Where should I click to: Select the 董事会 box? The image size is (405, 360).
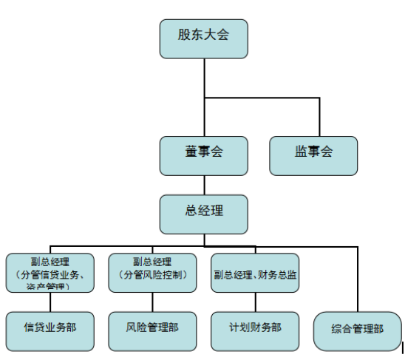tap(203, 155)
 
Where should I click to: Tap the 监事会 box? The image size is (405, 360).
tap(313, 155)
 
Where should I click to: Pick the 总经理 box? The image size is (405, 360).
tap(203, 214)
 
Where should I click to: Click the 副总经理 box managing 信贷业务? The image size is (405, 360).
tap(50, 271)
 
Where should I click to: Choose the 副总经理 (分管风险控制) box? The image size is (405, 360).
tap(152, 271)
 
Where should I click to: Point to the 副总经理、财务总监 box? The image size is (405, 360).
tap(255, 272)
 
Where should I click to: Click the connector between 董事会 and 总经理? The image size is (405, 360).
tap(203, 185)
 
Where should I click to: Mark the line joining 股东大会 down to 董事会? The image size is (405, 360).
tap(203, 111)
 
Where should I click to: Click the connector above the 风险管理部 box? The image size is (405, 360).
tap(152, 301)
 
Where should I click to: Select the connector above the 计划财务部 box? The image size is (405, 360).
tap(255, 301)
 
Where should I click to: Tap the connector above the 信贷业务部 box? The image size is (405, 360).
tap(50, 301)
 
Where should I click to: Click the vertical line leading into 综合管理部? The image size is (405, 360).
tap(357, 281)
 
